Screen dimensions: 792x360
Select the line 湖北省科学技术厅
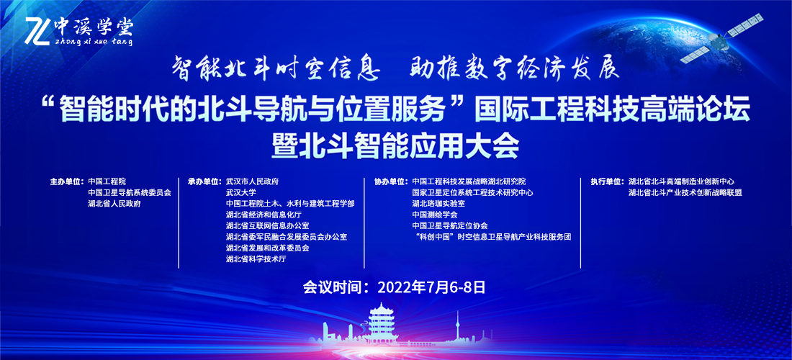(x=256, y=259)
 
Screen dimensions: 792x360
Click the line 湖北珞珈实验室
(x=438, y=204)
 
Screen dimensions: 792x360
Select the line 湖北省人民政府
(x=114, y=204)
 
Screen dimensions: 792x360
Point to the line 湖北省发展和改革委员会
(x=267, y=248)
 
